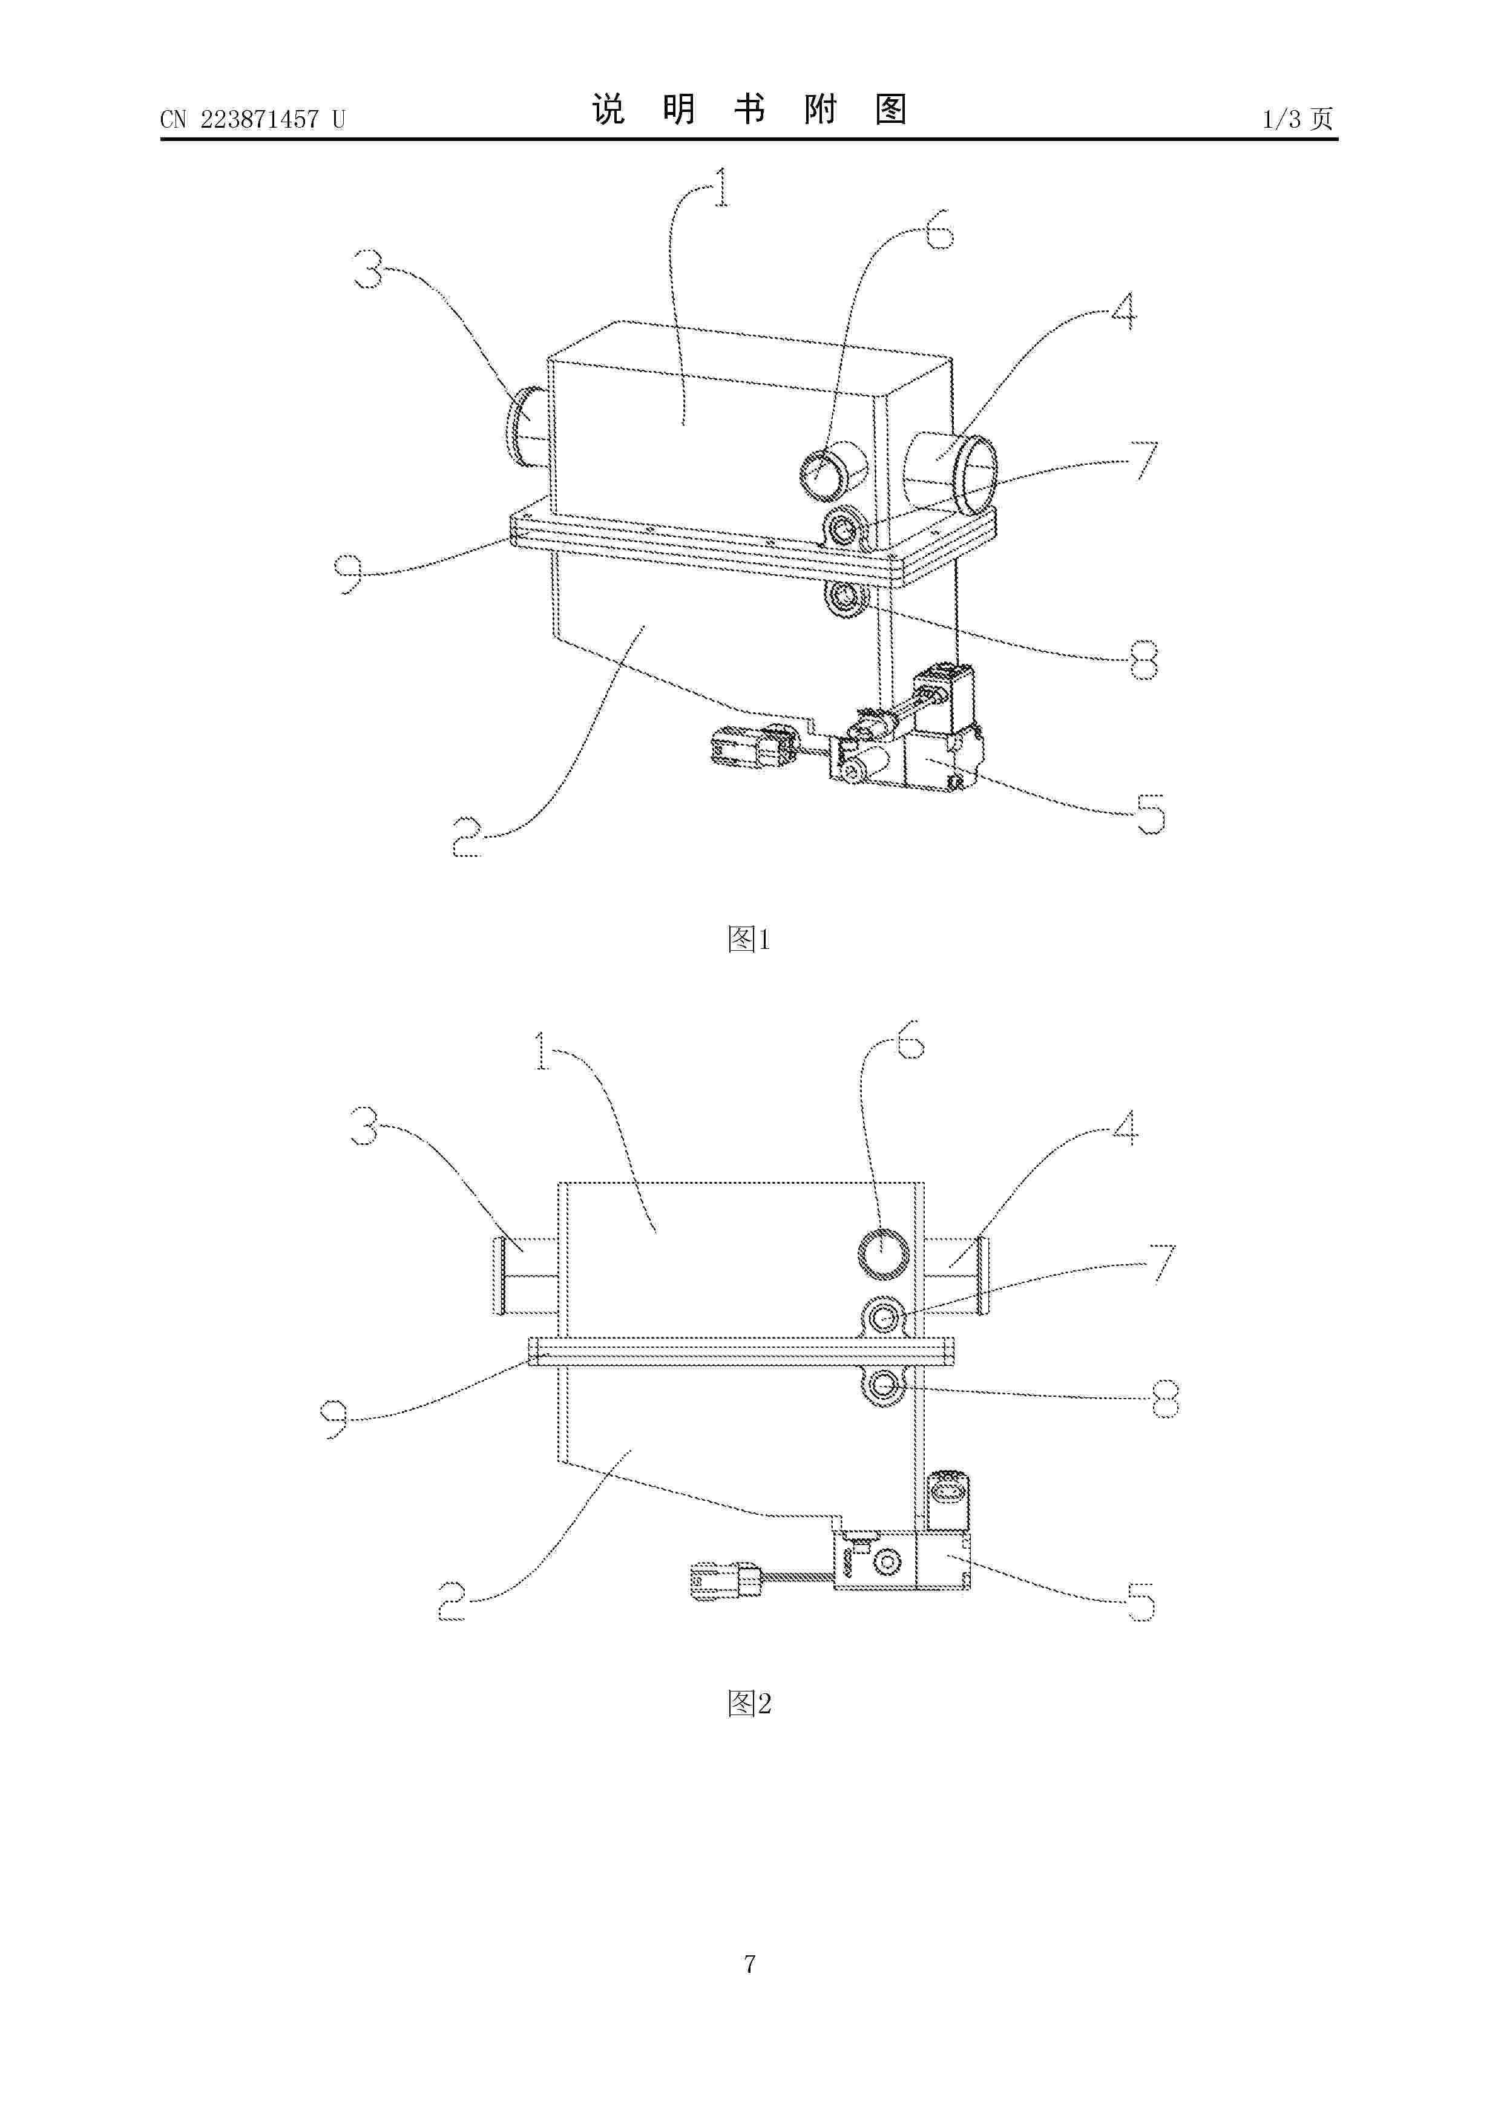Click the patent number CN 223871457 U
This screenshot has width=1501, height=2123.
coord(252,119)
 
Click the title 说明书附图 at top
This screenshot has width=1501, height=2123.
coord(749,110)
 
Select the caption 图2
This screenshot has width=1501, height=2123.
coord(749,1703)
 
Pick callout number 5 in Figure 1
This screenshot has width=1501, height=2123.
coord(1149,814)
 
